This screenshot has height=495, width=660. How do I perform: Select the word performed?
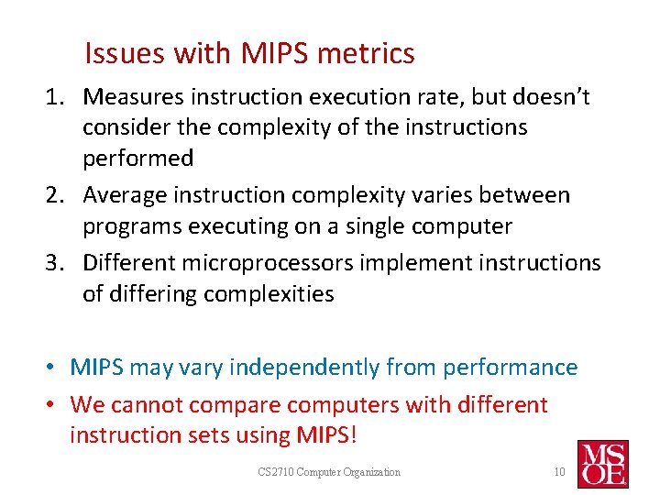coord(138,159)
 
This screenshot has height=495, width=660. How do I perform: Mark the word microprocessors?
coord(266,263)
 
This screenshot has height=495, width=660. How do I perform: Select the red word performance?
coord(510,368)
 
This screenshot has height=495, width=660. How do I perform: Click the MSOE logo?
coord(602,463)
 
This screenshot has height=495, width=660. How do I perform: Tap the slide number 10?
coord(559,472)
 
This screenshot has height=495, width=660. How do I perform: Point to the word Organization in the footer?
coord(371,472)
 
